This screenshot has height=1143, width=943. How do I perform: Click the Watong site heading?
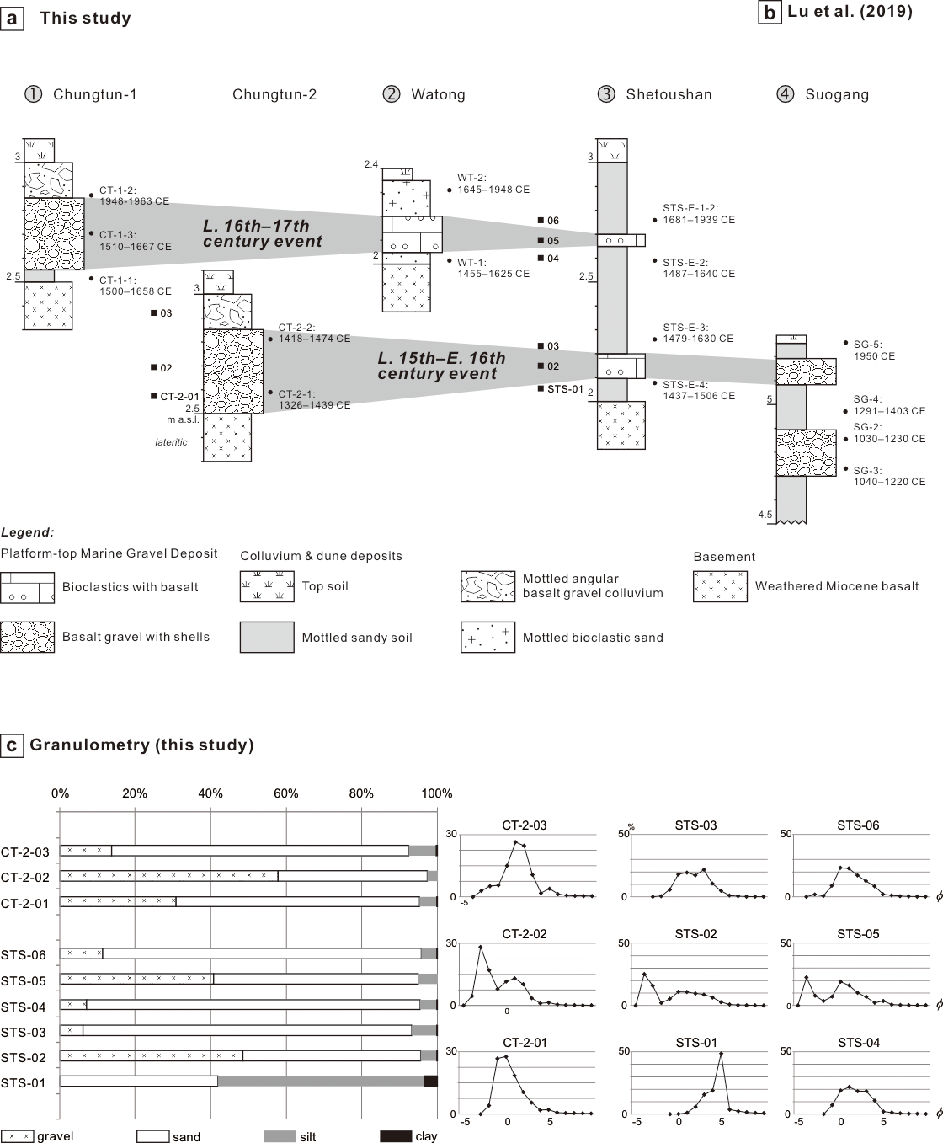pyautogui.click(x=438, y=94)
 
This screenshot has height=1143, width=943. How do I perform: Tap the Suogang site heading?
pyautogui.click(x=837, y=94)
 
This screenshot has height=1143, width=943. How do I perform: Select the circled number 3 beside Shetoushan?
pyautogui.click(x=606, y=94)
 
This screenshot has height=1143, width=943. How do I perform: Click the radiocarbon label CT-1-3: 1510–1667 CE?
pyautogui.click(x=136, y=241)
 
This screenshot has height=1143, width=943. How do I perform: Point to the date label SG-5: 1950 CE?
pyautogui.click(x=874, y=350)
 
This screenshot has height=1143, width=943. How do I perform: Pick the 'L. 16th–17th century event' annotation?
pyautogui.click(x=263, y=233)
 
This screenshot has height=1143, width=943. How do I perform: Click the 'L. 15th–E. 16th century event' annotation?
pyautogui.click(x=441, y=366)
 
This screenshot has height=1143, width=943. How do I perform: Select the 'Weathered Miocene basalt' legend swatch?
pyautogui.click(x=720, y=587)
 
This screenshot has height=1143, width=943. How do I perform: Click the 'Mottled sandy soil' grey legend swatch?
pyautogui.click(x=267, y=637)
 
